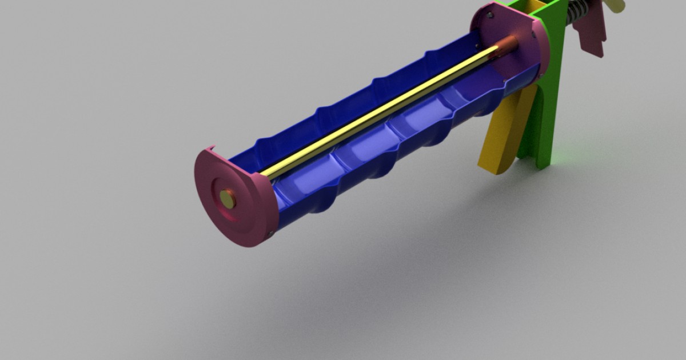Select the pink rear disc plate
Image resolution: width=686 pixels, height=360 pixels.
[509, 40]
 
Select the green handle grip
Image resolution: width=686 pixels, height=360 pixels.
[546, 114]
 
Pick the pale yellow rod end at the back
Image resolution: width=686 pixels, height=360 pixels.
[616, 6]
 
